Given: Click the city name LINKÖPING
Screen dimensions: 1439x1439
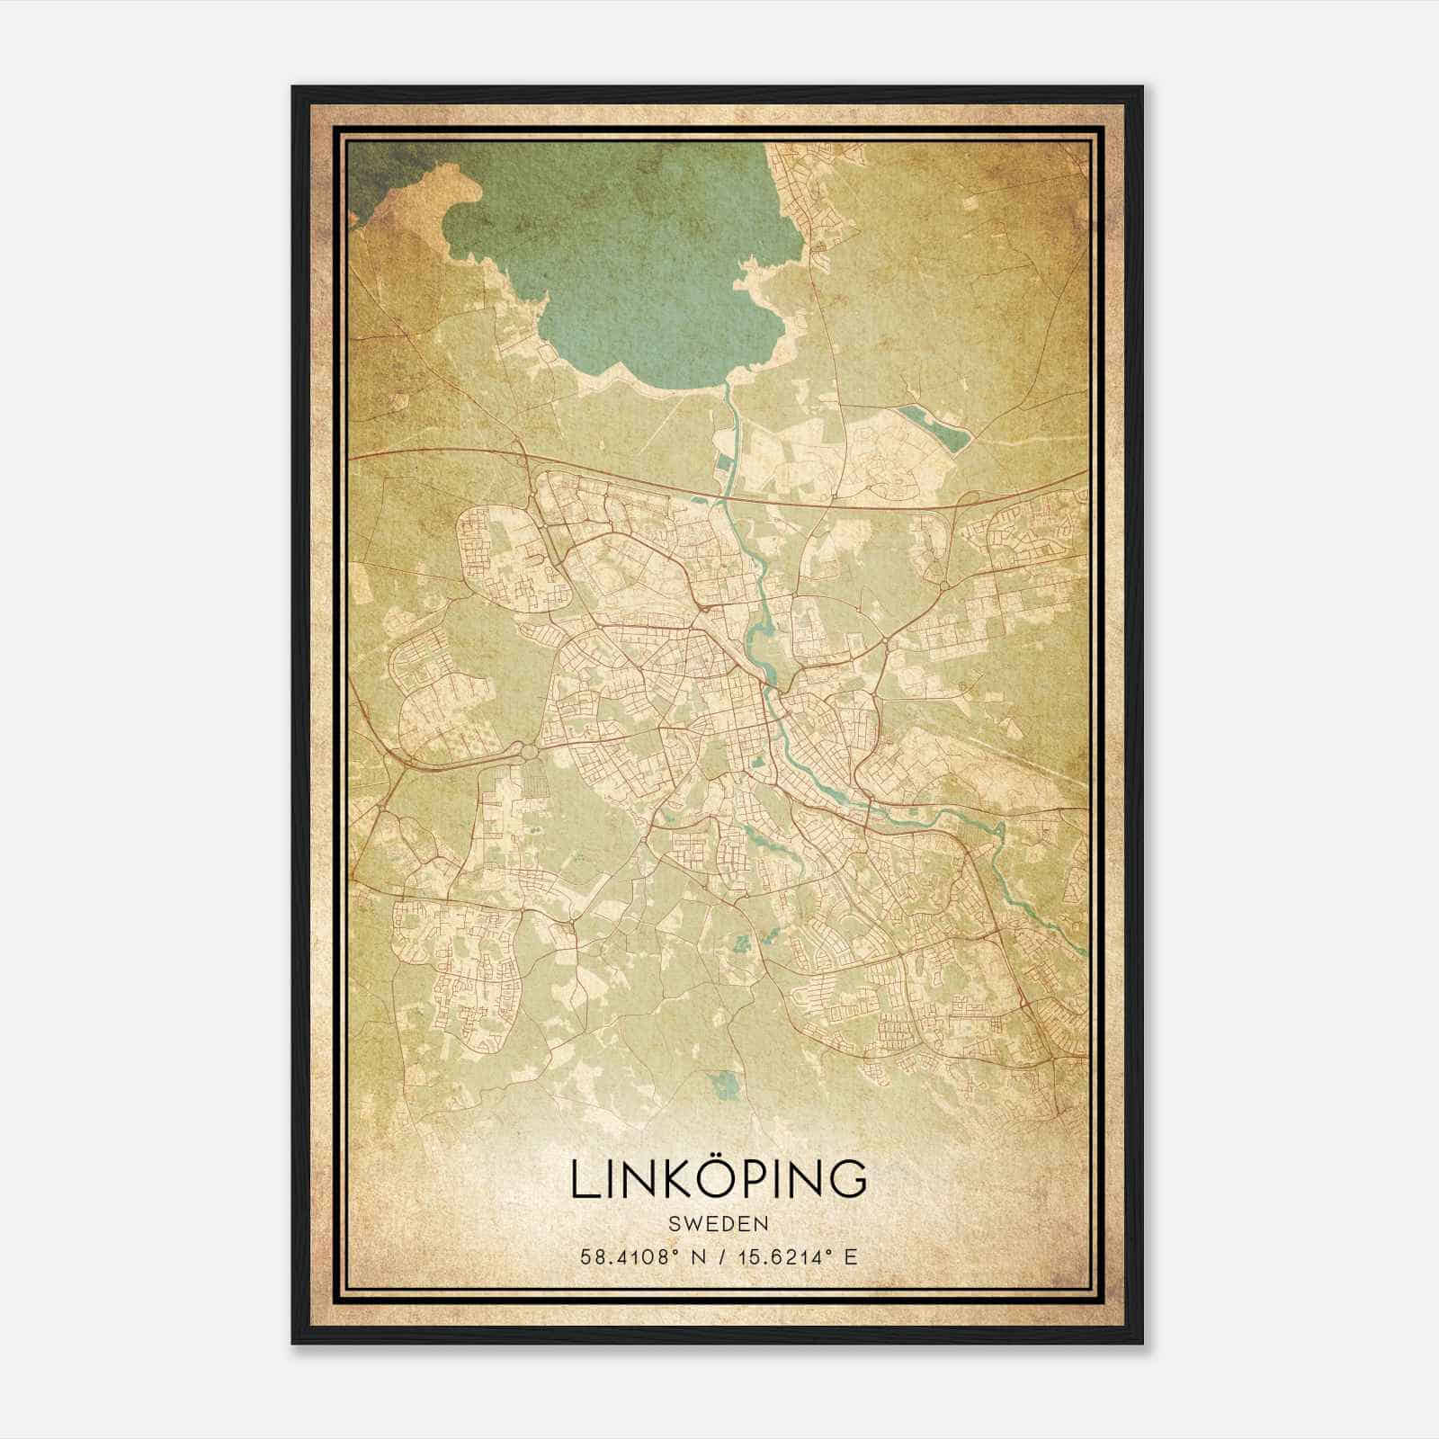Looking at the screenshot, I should [719, 1179].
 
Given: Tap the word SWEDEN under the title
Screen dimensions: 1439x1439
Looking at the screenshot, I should [719, 1224].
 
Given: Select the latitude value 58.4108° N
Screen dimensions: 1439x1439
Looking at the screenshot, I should [639, 1256].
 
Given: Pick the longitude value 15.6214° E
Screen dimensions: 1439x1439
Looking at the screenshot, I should [791, 1256].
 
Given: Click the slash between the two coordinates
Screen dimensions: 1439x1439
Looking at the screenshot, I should [717, 1256].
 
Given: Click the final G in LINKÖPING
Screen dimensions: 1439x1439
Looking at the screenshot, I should [848, 1180].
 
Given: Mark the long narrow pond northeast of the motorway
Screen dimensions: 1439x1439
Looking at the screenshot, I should [935, 427].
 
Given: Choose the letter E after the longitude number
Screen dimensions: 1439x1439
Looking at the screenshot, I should [850, 1256].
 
